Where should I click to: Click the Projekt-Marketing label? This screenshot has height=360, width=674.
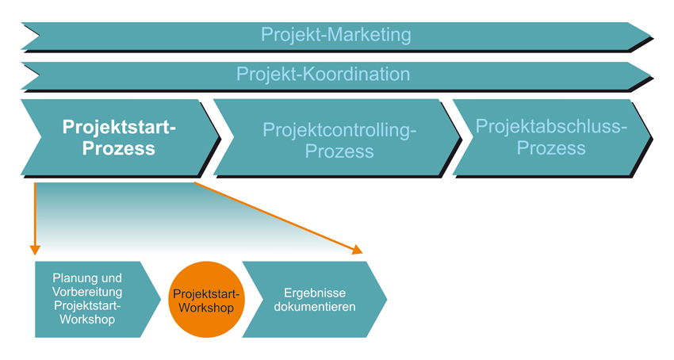coord(335,35)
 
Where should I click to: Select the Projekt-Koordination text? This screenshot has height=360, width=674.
coord(324,74)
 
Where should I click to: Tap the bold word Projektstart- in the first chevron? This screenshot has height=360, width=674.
coord(119,128)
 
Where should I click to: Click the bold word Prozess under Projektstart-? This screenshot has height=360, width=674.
coord(119,148)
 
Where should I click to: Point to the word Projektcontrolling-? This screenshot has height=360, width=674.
coord(339,130)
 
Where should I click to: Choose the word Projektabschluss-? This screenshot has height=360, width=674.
coord(551,126)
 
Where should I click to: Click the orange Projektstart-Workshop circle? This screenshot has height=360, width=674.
coord(206,300)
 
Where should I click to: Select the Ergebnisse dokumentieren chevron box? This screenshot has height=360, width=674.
coord(315,300)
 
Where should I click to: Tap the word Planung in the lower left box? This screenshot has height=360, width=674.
coord(70,278)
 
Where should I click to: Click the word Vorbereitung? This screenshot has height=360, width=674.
coord(87,292)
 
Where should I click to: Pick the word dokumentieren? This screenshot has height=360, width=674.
coord(315,307)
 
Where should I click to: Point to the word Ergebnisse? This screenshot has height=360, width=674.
coord(315,293)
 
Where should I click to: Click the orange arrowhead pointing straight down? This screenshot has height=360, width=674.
coord(35,250)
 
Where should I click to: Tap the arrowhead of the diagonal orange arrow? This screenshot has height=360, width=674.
coord(358,250)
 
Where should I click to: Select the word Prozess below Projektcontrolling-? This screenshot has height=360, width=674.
coord(339,151)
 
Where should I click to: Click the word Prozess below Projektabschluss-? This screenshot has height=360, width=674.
coord(551,148)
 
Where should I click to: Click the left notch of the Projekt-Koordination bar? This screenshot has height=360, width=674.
coord(39,75)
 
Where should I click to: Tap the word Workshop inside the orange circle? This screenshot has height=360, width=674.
coord(206,308)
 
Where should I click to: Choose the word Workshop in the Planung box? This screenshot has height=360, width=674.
coord(87,320)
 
